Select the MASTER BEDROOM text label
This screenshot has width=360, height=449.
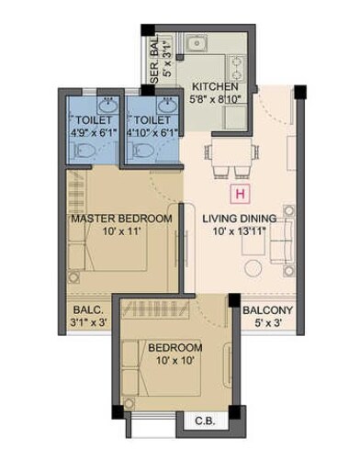click(122, 219)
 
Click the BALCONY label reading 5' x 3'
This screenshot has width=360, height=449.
click(267, 323)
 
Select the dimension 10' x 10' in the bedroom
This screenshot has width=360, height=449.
click(174, 361)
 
